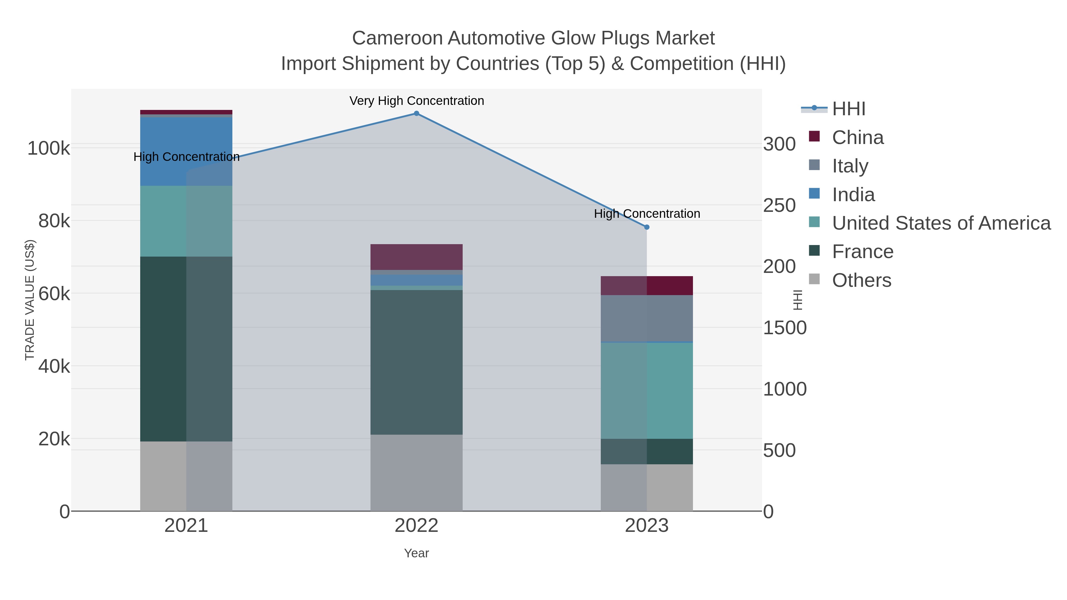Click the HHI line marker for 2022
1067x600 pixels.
pyautogui.click(x=416, y=113)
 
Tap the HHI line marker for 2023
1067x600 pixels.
pyautogui.click(x=647, y=227)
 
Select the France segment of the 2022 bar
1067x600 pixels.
pyautogui.click(x=416, y=362)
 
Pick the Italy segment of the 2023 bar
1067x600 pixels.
pyautogui.click(x=647, y=319)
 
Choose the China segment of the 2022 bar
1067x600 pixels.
pyautogui.click(x=416, y=257)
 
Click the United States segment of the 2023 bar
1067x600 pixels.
pyautogui.click(x=647, y=391)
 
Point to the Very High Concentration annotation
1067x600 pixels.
pyautogui.click(x=416, y=101)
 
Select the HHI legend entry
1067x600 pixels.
pyautogui.click(x=848, y=109)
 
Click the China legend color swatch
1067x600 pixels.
pyautogui.click(x=814, y=136)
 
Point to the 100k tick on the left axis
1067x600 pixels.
pyautogui.click(x=49, y=148)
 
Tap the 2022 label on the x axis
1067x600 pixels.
pyautogui.click(x=416, y=526)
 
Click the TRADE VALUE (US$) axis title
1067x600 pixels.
pyautogui.click(x=30, y=300)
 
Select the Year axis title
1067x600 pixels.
pyautogui.click(x=416, y=553)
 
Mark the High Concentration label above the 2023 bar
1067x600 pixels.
pyautogui.click(x=647, y=214)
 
